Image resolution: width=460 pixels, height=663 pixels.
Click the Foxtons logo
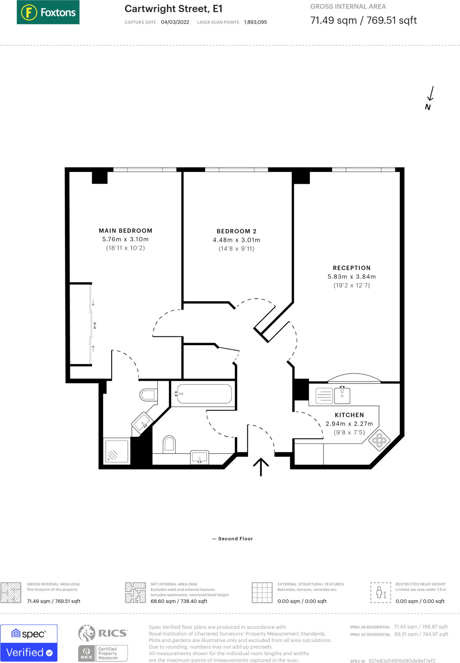point(48,12)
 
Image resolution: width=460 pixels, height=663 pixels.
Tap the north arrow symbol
point(430,98)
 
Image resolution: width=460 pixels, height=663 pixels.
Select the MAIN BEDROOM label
point(126,231)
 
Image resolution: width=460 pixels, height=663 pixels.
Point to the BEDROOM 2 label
point(237,231)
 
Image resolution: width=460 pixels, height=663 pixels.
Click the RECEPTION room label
point(352,268)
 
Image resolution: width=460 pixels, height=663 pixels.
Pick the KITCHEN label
point(349,415)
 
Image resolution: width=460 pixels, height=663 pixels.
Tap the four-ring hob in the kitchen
point(379,440)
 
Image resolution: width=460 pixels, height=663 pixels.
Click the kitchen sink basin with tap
point(342,395)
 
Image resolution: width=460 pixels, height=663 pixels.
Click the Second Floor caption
point(236,539)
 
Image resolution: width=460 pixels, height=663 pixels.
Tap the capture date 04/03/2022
point(175,22)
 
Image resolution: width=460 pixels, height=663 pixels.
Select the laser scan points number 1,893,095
point(255,22)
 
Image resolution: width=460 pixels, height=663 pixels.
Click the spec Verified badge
point(29,643)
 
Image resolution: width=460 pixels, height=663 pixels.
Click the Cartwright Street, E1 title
point(174,9)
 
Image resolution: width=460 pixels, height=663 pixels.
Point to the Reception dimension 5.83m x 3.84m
point(352,277)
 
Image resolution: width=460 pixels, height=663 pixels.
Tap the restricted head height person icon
point(381,592)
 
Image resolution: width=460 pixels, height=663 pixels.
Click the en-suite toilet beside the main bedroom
point(149,395)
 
